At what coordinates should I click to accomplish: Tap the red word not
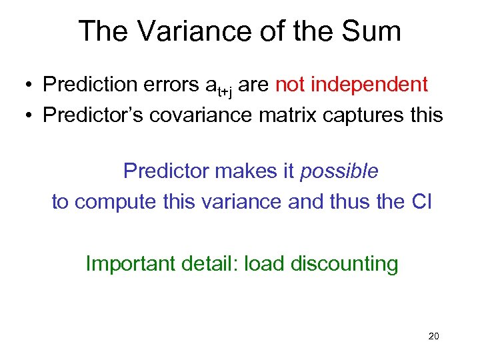coord(291,85)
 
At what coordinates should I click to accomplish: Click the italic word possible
coord(339,171)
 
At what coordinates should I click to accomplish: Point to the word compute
coord(115,201)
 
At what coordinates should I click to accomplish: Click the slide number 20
coord(433,337)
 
